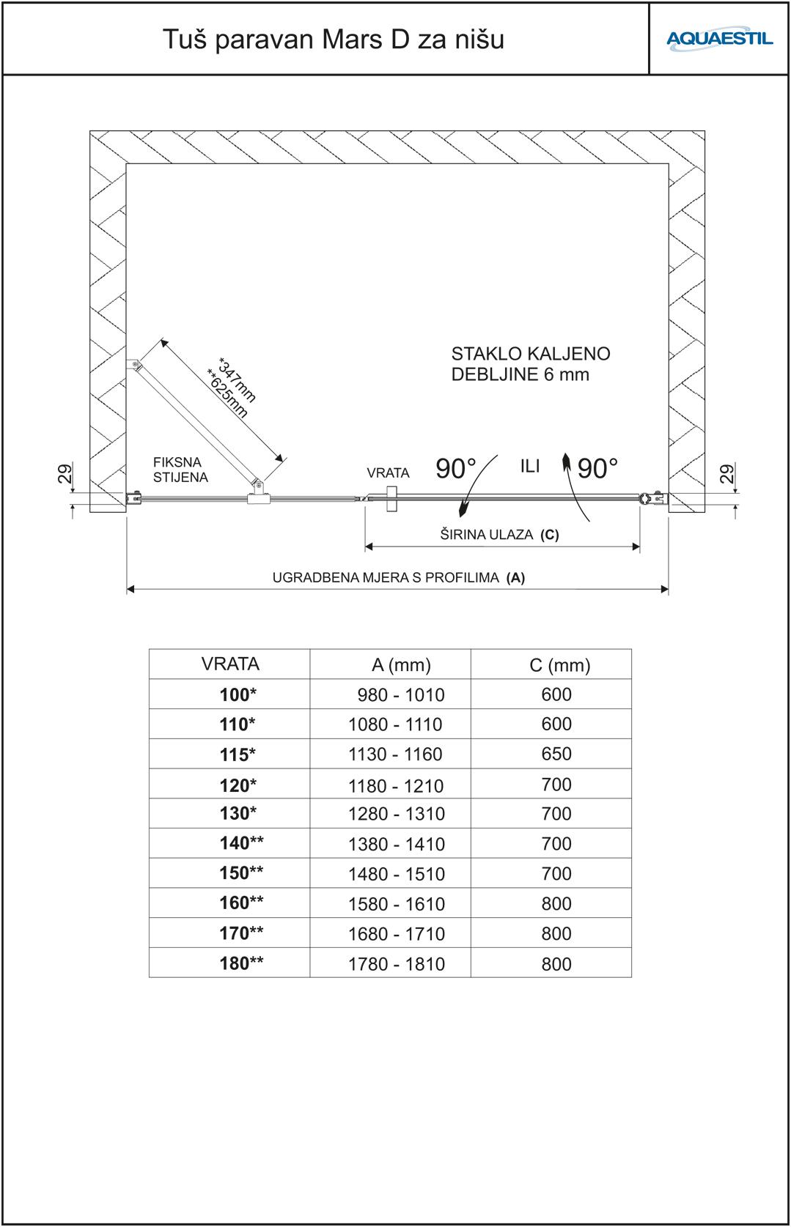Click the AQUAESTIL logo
click(719, 38)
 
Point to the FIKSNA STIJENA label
click(180, 470)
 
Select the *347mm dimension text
click(238, 379)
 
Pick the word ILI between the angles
click(530, 467)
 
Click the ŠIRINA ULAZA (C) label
click(498, 535)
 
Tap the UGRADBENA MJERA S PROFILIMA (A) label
click(398, 577)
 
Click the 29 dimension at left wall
click(64, 474)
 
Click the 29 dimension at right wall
click(726, 474)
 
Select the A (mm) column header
click(401, 665)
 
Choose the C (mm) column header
click(559, 665)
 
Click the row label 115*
click(238, 755)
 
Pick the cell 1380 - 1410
click(396, 844)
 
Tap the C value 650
click(556, 754)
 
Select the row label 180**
click(241, 963)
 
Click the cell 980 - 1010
click(401, 694)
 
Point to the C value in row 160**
click(556, 903)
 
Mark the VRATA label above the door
click(388, 473)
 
